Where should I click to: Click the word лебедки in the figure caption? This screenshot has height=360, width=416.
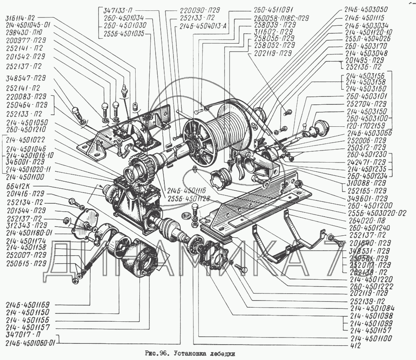(220, 353)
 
